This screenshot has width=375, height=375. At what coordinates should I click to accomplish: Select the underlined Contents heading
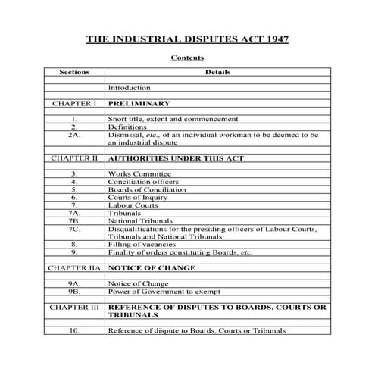click(x=187, y=58)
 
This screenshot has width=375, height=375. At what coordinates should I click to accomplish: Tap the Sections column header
click(x=74, y=73)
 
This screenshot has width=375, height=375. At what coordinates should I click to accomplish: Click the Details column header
click(x=218, y=73)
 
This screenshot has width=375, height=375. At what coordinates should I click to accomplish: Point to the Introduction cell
click(x=130, y=88)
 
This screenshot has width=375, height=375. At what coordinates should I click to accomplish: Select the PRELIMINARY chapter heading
click(x=139, y=103)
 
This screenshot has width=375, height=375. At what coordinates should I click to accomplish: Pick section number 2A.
click(x=74, y=134)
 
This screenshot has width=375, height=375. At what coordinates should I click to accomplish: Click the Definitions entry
click(x=127, y=127)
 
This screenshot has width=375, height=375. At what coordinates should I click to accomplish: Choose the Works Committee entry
click(x=139, y=173)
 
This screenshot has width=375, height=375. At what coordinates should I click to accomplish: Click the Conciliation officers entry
click(x=143, y=182)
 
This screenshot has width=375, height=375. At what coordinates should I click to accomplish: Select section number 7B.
click(x=74, y=220)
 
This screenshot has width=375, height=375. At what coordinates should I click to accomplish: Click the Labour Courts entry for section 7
click(x=132, y=205)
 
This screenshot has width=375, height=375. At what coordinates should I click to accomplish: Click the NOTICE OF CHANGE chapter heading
click(x=152, y=267)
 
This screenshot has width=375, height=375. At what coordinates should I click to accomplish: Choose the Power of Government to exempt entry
click(x=161, y=290)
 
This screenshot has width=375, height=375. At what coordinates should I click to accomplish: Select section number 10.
click(x=74, y=330)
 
